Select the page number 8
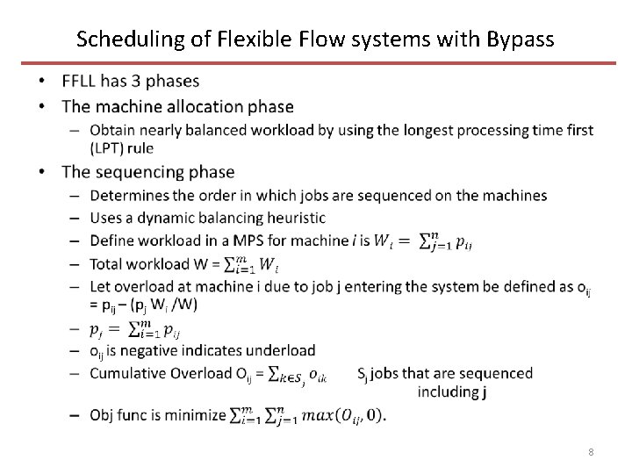click(x=591, y=451)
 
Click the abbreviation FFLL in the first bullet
click(x=83, y=82)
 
